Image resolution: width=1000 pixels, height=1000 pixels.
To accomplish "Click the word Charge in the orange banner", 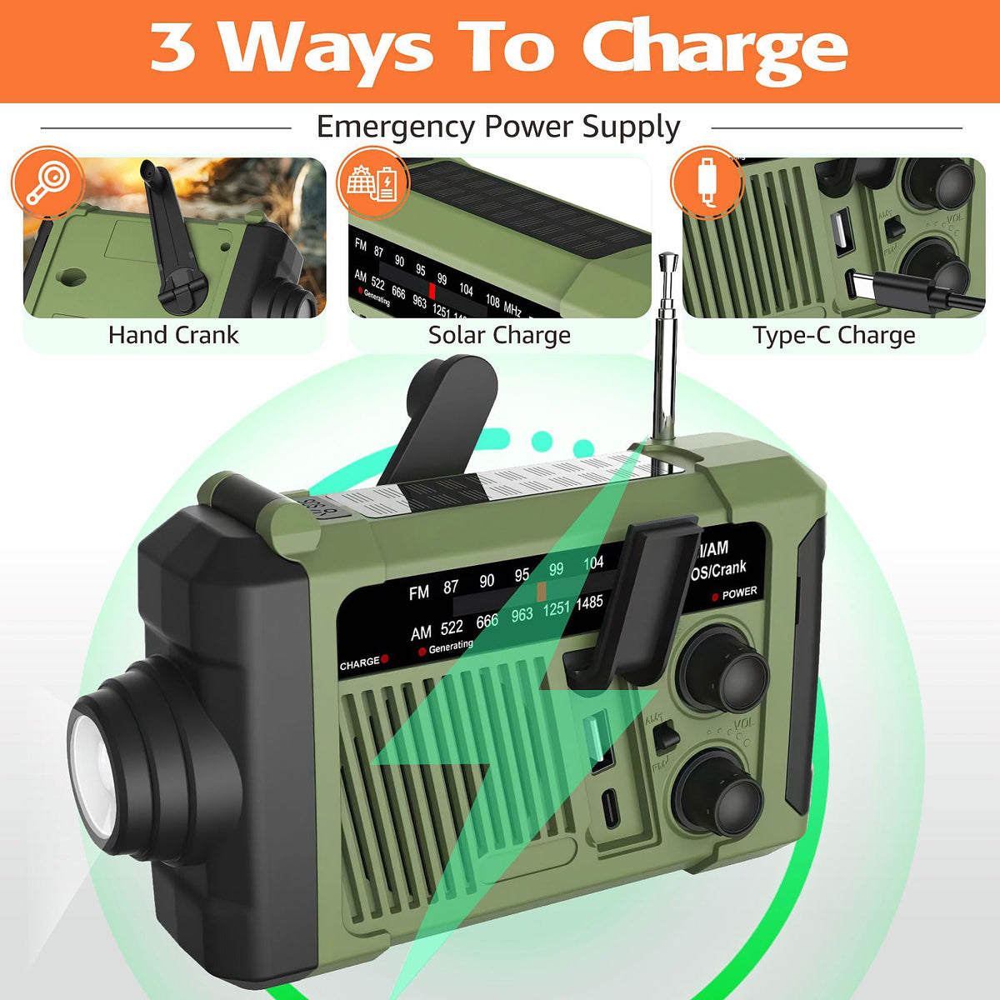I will [x=714, y=47].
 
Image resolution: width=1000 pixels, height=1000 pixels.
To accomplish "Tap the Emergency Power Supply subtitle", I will [x=498, y=127].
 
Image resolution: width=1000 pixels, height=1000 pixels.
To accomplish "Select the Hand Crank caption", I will [x=173, y=335].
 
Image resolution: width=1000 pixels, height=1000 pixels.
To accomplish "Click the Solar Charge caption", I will [x=499, y=335].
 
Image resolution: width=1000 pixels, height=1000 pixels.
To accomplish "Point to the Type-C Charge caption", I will [x=833, y=335].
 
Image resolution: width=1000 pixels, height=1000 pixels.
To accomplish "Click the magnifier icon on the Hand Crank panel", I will [x=47, y=182].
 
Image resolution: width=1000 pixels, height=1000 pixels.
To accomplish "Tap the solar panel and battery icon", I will [x=372, y=182].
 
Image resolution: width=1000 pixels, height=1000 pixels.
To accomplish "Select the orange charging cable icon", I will [x=707, y=182].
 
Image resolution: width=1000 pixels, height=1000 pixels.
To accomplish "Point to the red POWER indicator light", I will [x=715, y=597].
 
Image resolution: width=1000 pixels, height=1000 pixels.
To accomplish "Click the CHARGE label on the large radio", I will [x=359, y=664].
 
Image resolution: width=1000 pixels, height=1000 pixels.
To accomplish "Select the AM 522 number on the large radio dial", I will [x=451, y=627].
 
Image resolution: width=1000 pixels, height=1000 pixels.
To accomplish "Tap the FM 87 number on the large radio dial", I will [x=451, y=587].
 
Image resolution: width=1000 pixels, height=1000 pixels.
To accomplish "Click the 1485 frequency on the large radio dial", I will [x=588, y=602].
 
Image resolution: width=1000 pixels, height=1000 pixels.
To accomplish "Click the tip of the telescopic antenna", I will [x=666, y=260].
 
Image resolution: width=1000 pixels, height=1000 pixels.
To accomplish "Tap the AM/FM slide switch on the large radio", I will [x=666, y=737].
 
